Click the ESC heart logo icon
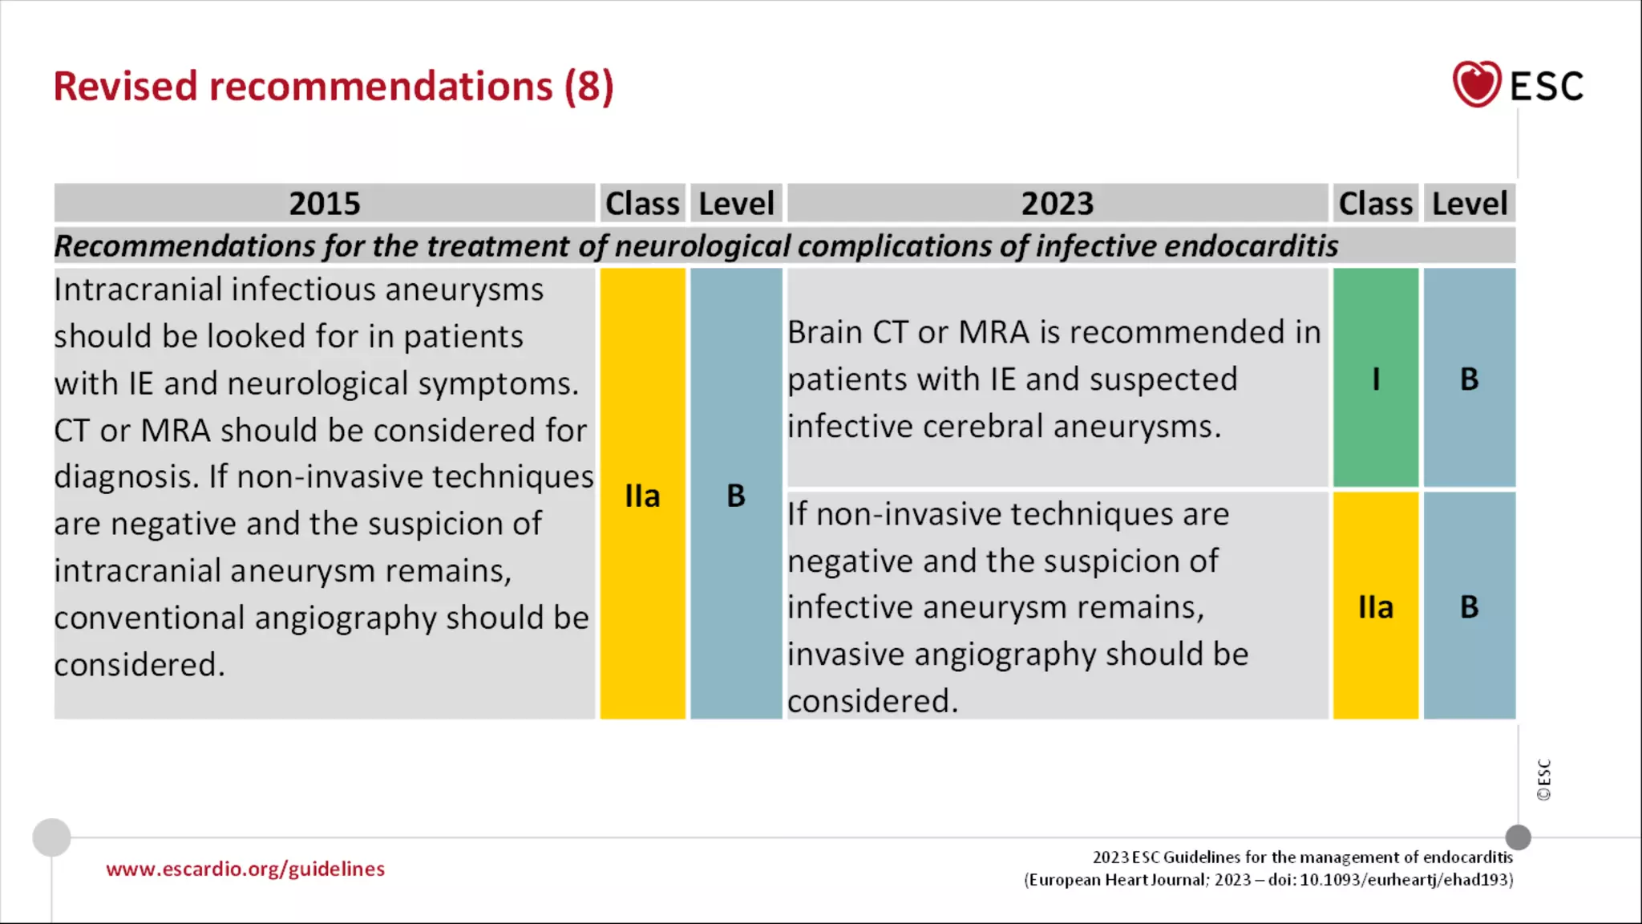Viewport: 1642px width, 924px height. point(1476,84)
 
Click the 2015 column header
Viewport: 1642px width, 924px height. point(325,203)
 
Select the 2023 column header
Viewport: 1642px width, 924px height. point(1057,203)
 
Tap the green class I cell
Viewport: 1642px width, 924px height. point(1376,378)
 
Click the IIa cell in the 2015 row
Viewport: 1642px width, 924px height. point(642,495)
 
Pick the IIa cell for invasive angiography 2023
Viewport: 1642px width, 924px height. point(1376,606)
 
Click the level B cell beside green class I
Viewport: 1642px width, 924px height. point(1469,378)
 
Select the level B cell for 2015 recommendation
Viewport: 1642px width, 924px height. point(736,495)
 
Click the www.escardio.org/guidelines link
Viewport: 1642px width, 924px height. point(245,869)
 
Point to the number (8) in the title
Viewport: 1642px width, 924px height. point(589,87)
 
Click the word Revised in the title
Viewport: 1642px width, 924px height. point(125,87)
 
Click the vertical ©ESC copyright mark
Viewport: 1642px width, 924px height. point(1543,780)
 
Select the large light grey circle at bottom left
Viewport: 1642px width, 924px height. point(51,837)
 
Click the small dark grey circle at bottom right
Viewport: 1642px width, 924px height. point(1518,837)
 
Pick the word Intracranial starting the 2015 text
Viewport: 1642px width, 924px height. point(137,290)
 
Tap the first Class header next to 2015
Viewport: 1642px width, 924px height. point(642,203)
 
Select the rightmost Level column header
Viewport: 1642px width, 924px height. point(1469,203)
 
